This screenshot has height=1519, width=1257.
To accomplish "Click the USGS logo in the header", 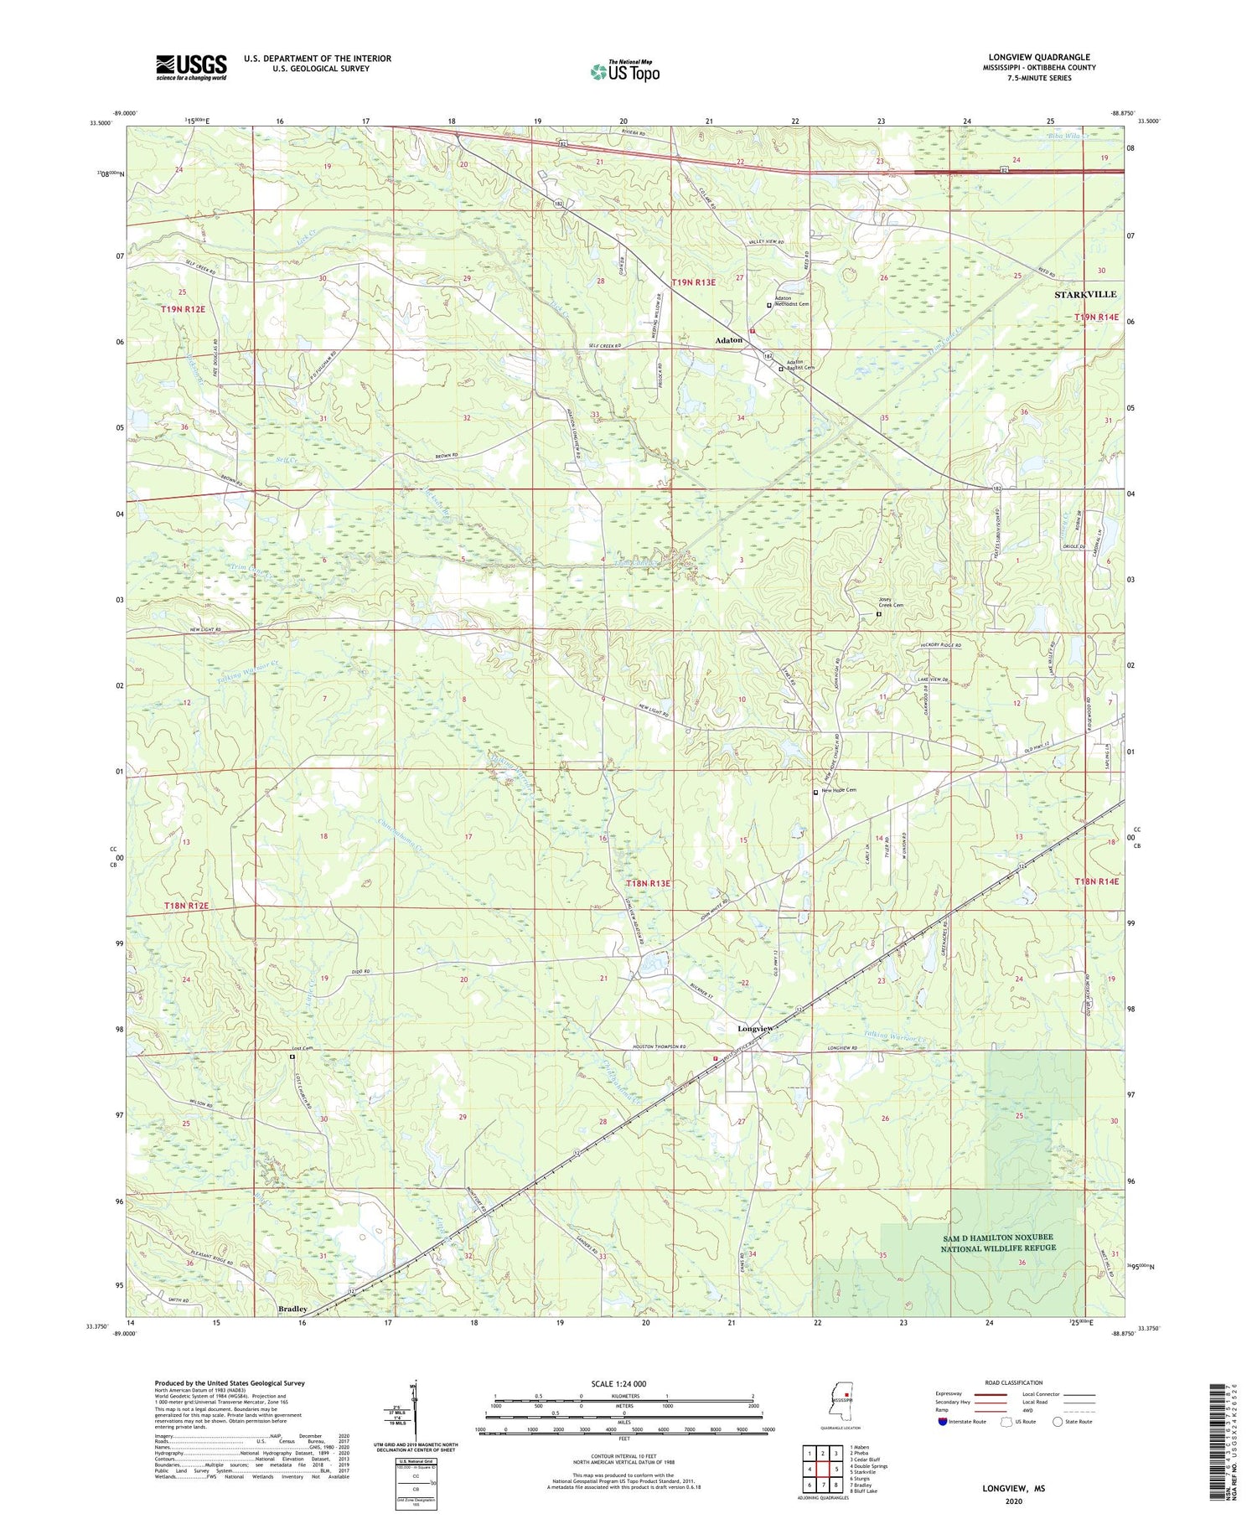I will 191,67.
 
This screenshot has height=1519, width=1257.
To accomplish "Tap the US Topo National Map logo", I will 624,71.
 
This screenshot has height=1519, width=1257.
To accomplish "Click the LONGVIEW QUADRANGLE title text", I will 1039,57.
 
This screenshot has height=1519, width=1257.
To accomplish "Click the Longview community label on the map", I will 755,1028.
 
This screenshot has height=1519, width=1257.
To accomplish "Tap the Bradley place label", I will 292,1308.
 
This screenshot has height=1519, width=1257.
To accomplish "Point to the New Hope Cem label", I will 839,790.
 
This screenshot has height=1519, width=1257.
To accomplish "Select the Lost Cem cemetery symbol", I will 292,1057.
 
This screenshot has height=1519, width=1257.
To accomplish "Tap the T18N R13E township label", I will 648,883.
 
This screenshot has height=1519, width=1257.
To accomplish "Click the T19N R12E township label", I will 184,309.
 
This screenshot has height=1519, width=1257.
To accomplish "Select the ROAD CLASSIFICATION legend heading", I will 1014,1382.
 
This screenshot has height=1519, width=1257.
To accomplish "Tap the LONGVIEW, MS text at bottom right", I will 1014,1488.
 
